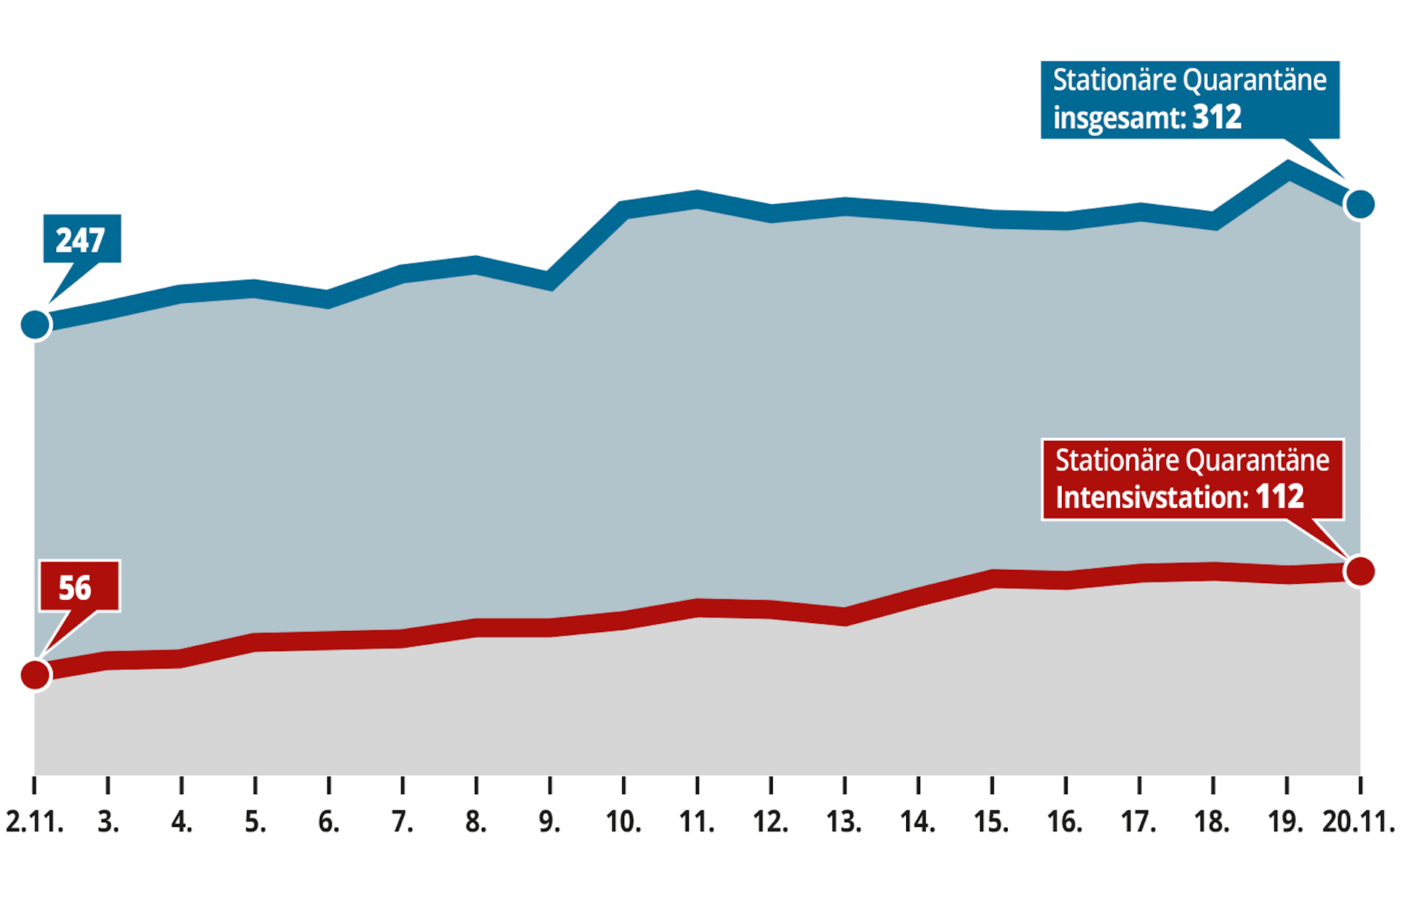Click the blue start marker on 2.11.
[x=35, y=325]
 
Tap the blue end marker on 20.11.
[x=1360, y=204]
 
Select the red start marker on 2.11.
[x=35, y=675]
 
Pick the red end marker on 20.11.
[x=1360, y=571]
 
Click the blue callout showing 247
[x=81, y=239]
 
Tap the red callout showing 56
[x=79, y=587]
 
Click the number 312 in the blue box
[x=1217, y=117]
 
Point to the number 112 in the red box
[x=1279, y=497]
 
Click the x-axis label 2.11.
[x=35, y=821]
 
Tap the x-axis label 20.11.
[x=1359, y=821]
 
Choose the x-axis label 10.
[x=624, y=821]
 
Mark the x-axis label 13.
[x=844, y=821]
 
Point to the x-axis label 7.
[x=403, y=821]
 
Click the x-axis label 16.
[x=1065, y=821]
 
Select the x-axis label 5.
[x=255, y=821]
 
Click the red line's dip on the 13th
[x=845, y=617]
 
